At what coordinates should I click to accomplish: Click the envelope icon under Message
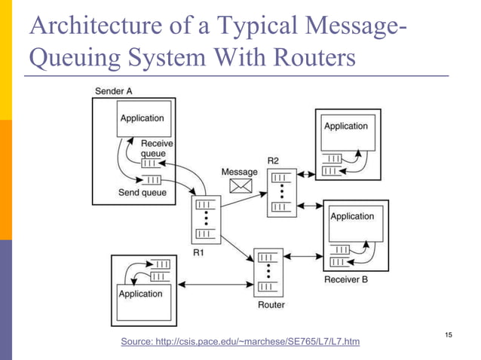click(x=240, y=187)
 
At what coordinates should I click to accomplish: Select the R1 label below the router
click(x=198, y=252)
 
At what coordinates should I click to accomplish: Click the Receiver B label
click(x=346, y=280)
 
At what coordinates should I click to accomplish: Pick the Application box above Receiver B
click(x=351, y=224)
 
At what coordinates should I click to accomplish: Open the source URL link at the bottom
click(x=240, y=342)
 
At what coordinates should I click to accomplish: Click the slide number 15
click(x=450, y=334)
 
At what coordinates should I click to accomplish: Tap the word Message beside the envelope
click(x=239, y=172)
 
